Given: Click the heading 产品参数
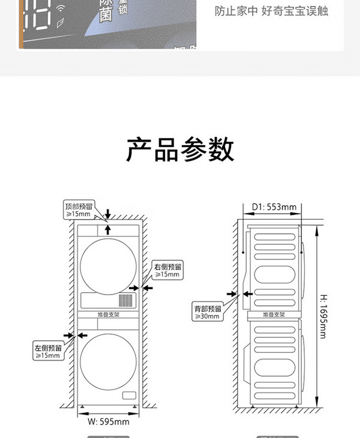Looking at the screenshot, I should coord(180,149).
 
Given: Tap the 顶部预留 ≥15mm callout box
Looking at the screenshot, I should coord(78,209).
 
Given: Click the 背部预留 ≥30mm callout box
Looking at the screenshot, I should coord(207,311).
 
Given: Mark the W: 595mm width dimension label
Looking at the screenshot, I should coord(109,421).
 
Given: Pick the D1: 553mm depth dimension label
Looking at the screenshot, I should coord(274,208).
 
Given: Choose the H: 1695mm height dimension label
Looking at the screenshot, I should coord(322,325).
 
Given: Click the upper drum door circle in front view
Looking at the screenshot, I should coord(108,266).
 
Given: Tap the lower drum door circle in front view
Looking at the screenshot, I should coord(108,367).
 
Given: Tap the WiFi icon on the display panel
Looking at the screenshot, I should coord(61,8).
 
